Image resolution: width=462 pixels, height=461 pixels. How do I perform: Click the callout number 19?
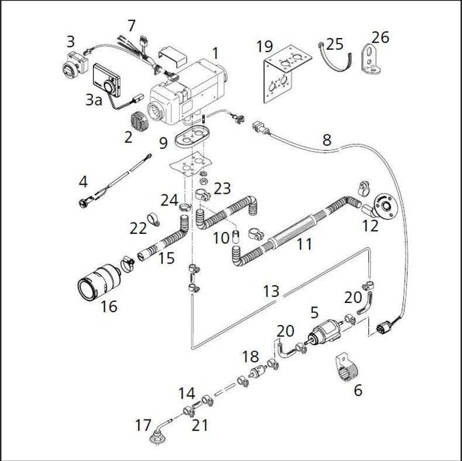(264, 46)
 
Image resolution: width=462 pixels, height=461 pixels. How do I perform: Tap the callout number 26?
(380, 37)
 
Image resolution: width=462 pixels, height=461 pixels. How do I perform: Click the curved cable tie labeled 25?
(335, 60)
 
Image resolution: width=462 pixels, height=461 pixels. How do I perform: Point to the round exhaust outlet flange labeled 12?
(384, 205)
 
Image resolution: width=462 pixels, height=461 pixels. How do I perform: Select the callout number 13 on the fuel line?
(271, 291)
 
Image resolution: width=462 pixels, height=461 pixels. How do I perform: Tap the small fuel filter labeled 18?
(257, 371)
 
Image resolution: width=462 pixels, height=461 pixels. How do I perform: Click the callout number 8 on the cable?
(326, 140)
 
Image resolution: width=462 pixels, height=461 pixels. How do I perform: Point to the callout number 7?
(131, 26)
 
